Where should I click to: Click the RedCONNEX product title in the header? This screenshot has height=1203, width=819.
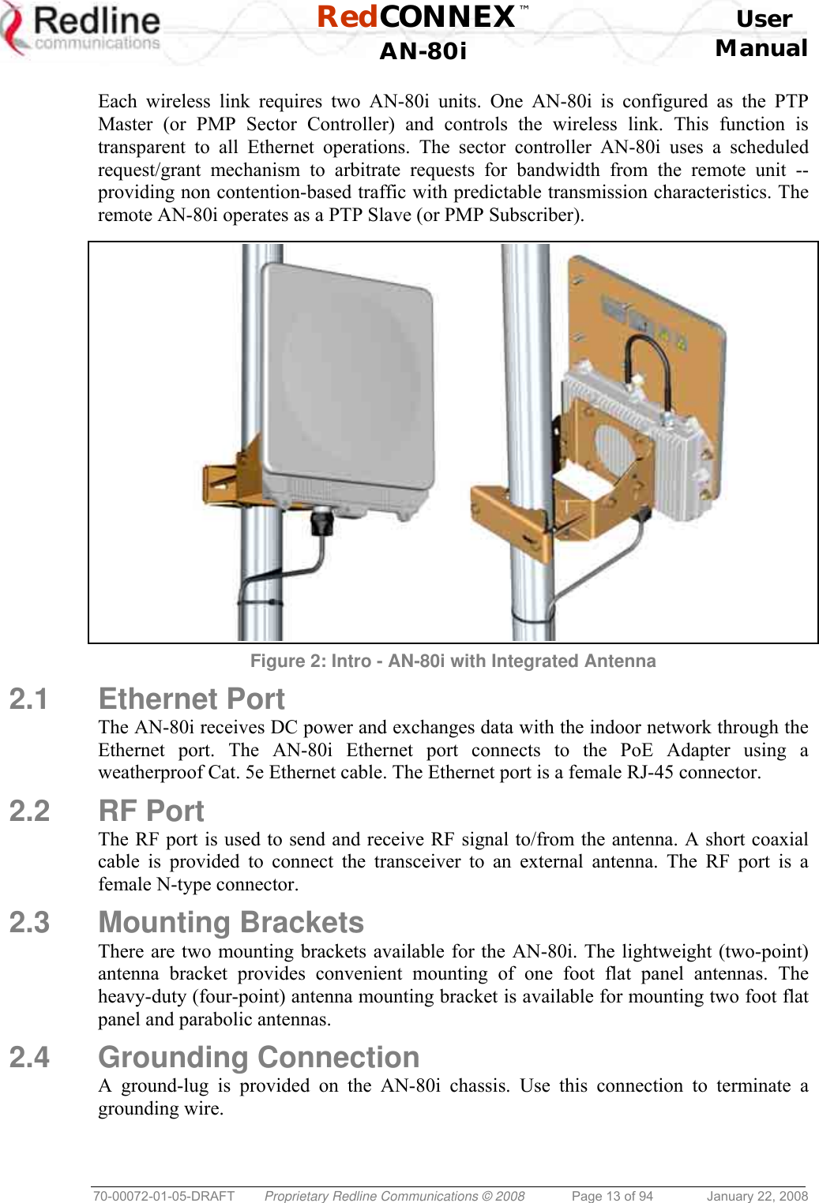[417, 17]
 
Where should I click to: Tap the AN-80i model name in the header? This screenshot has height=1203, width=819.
[423, 51]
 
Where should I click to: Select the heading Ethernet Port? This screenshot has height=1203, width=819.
[191, 699]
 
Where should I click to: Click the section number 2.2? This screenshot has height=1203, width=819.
[29, 811]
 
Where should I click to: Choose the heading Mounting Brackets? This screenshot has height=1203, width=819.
[231, 922]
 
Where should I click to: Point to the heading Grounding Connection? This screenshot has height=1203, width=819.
[258, 1057]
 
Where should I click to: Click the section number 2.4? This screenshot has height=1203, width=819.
[29, 1057]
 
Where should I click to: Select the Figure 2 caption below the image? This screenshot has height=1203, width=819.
[453, 661]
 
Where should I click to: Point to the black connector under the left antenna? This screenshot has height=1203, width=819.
[322, 522]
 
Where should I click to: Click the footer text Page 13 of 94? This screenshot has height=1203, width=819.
[612, 1196]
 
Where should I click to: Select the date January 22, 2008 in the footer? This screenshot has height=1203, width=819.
[757, 1196]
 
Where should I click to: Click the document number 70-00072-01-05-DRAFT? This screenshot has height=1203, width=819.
[163, 1196]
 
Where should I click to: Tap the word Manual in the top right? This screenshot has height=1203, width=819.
[761, 48]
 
